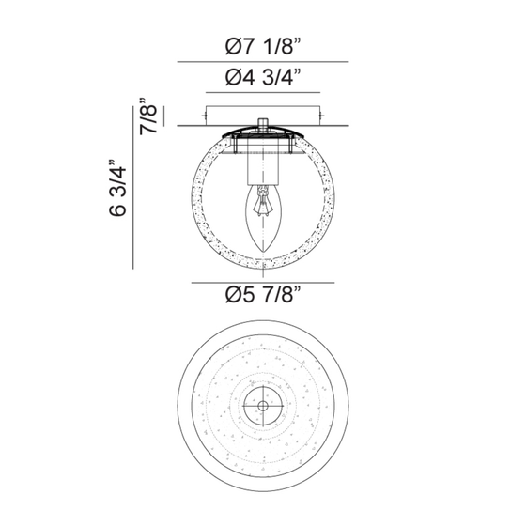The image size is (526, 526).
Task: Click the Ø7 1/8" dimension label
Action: pyautogui.click(x=263, y=46)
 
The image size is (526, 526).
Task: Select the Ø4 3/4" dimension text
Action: pyautogui.click(x=263, y=77)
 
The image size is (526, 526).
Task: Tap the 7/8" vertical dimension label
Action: pyautogui.click(x=148, y=116)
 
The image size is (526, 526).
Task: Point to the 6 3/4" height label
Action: pyautogui.click(x=117, y=188)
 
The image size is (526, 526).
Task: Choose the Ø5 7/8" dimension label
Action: pyautogui.click(x=263, y=295)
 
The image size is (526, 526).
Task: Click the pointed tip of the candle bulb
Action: pyautogui.click(x=263, y=252)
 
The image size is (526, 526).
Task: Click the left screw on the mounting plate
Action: pyautogui.click(x=204, y=116)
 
